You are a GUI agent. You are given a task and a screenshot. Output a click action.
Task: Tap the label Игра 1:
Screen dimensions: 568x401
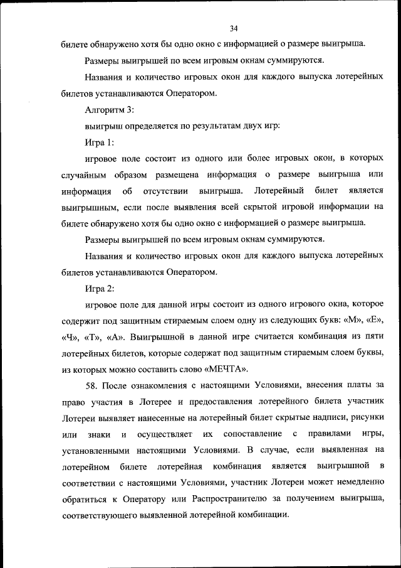click(99, 142)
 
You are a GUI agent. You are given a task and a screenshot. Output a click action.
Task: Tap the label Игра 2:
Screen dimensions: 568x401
click(99, 288)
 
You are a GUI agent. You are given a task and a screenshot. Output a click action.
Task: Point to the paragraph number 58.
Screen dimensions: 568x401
click(91, 385)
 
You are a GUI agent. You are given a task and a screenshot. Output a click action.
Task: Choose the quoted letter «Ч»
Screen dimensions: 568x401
click(72, 336)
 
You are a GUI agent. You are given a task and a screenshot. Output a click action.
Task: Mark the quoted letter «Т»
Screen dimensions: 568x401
click(96, 336)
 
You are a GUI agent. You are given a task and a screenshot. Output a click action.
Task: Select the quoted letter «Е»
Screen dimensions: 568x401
click(375, 320)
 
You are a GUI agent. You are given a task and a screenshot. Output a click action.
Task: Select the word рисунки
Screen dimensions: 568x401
click(367, 418)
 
